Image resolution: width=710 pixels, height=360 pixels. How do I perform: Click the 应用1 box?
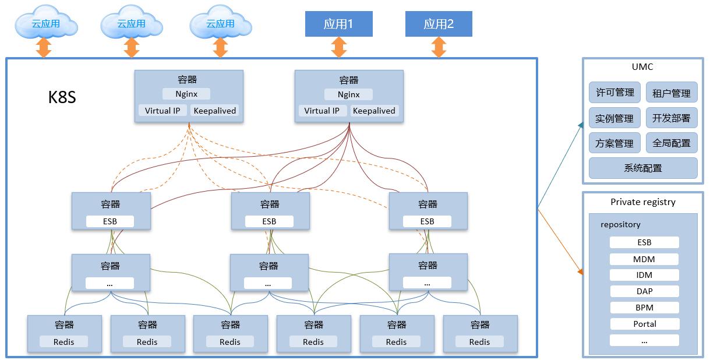(338, 24)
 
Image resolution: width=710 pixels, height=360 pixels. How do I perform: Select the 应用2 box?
(438, 24)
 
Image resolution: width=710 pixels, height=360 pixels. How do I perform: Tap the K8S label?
(62, 97)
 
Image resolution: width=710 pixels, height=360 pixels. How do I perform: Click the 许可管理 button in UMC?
(614, 93)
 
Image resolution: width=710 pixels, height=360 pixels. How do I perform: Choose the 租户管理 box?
(671, 93)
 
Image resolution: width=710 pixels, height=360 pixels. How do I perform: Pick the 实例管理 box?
(614, 118)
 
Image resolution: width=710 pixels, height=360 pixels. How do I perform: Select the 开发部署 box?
(671, 118)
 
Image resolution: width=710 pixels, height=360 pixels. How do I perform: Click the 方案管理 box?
(614, 143)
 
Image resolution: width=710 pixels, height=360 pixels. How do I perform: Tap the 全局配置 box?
(671, 143)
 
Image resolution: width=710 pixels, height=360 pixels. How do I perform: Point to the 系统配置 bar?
(643, 168)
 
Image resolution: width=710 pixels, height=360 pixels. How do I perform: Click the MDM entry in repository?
(644, 259)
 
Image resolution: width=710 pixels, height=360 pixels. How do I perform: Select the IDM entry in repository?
(644, 275)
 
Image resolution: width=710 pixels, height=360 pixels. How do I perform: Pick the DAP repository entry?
(644, 291)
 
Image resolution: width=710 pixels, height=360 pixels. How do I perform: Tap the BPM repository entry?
(644, 308)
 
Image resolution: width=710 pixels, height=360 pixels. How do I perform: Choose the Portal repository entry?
(644, 324)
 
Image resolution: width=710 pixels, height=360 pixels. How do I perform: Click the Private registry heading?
(643, 202)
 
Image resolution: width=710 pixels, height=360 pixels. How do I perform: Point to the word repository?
(620, 224)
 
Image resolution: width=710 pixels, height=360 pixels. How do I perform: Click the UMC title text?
(642, 67)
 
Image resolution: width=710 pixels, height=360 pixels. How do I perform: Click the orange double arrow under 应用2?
(439, 47)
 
